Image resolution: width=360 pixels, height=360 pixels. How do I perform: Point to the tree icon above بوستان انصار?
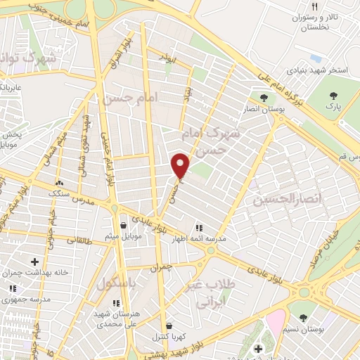264,98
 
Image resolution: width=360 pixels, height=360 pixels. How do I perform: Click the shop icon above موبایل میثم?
124,225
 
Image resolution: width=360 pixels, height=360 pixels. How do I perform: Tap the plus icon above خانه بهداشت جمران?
34,262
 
